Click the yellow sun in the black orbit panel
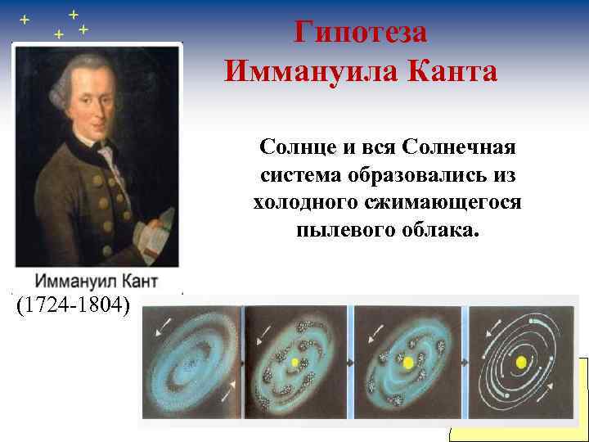coord(520,361)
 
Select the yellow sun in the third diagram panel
coord(407,361)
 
